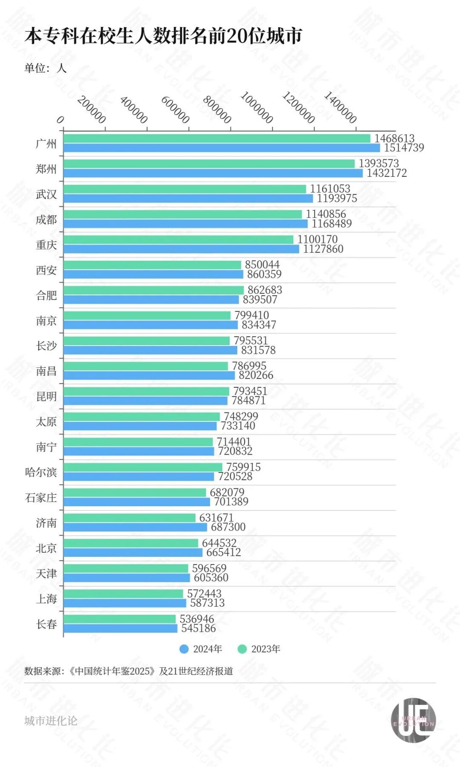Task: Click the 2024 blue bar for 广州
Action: pos(221,148)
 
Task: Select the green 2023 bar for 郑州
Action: pos(209,164)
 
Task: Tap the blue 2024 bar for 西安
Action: pos(153,274)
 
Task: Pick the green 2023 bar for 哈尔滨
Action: pos(143,467)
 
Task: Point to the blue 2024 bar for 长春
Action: pos(120,629)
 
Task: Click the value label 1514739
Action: pos(404,148)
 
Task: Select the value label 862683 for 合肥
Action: pos(265,290)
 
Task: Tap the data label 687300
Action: pos(228,527)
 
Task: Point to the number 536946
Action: pos(197,619)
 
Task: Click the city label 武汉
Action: pos(46,194)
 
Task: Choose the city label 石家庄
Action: pos(41,498)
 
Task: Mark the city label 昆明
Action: pos(46,397)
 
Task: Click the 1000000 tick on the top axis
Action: pos(257,107)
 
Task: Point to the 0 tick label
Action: pos(60,120)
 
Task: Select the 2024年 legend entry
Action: pos(201,649)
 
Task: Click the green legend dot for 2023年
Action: pos(242,649)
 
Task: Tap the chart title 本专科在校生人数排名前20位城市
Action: pos(163,36)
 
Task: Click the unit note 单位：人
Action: pos(45,68)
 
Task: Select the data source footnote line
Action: pos(129,671)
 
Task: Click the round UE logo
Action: pos(413,720)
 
